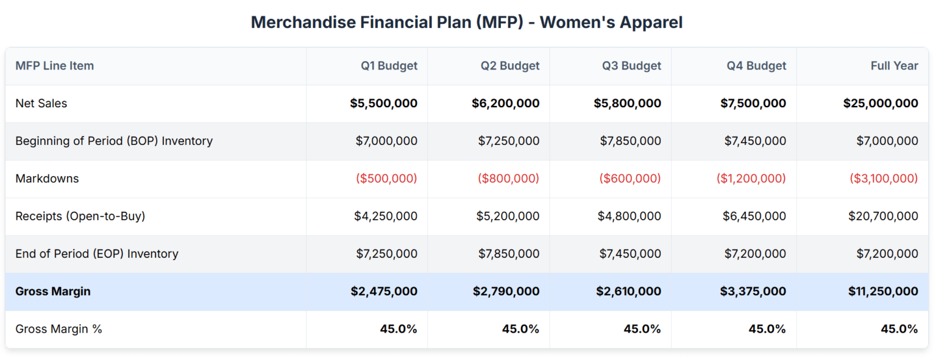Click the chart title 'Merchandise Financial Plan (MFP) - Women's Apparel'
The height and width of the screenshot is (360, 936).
(467, 23)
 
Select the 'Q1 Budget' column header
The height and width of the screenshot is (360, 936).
(389, 66)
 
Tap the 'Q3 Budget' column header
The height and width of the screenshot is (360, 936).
(631, 66)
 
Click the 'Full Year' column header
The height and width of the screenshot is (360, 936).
(894, 66)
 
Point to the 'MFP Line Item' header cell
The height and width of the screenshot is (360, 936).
(55, 66)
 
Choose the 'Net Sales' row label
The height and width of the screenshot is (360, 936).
(41, 104)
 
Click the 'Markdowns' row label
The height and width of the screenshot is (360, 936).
(47, 178)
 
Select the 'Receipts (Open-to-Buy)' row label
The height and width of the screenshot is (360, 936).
(80, 216)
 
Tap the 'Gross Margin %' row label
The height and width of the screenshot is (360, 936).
(58, 329)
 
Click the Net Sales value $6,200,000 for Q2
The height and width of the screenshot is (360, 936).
(505, 104)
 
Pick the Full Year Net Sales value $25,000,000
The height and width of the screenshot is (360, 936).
(881, 104)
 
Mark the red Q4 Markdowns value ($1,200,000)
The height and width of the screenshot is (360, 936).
(751, 178)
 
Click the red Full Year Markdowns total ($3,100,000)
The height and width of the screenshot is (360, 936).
(884, 178)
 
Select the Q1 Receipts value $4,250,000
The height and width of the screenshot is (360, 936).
(386, 216)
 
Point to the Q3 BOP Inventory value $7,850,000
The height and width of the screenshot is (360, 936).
(630, 141)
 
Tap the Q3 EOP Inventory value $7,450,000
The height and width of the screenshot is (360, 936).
(630, 253)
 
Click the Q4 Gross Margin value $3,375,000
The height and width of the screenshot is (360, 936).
(753, 291)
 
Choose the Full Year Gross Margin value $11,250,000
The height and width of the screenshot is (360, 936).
(883, 291)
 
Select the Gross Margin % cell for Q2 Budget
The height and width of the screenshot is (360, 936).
(520, 329)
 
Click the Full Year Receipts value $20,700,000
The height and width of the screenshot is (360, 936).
(883, 216)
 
